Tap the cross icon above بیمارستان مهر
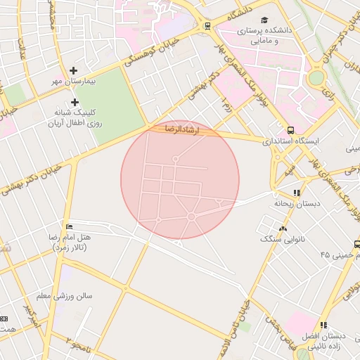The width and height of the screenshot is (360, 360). point(74,70)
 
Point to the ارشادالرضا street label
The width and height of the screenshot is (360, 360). point(179,129)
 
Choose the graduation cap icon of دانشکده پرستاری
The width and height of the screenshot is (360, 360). point(264,20)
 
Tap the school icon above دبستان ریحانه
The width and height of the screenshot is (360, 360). point(297,192)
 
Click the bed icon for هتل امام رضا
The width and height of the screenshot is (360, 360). point(68,226)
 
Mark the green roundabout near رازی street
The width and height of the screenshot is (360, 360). point(317,77)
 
